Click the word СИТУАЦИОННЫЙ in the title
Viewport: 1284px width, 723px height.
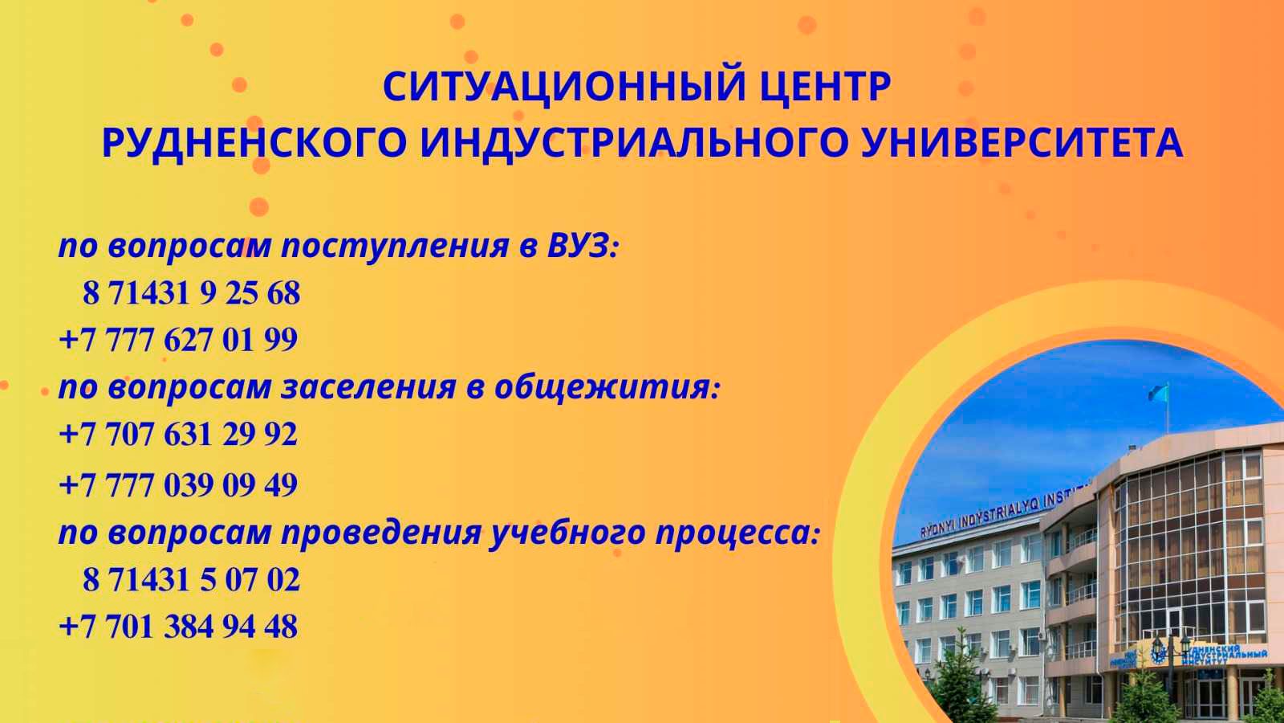551,87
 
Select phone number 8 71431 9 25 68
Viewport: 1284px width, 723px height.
191,293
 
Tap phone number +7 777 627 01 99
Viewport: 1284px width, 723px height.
178,340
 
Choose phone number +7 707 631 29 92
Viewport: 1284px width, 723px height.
178,435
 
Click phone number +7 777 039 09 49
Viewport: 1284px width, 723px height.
178,484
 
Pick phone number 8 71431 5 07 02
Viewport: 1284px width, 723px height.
191,579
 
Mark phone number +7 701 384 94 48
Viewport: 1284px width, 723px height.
178,627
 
